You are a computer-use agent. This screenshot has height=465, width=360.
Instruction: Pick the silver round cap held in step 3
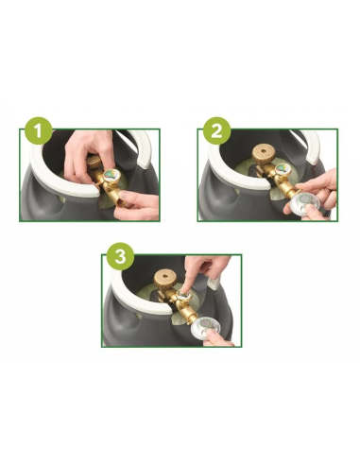coord(206,330)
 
